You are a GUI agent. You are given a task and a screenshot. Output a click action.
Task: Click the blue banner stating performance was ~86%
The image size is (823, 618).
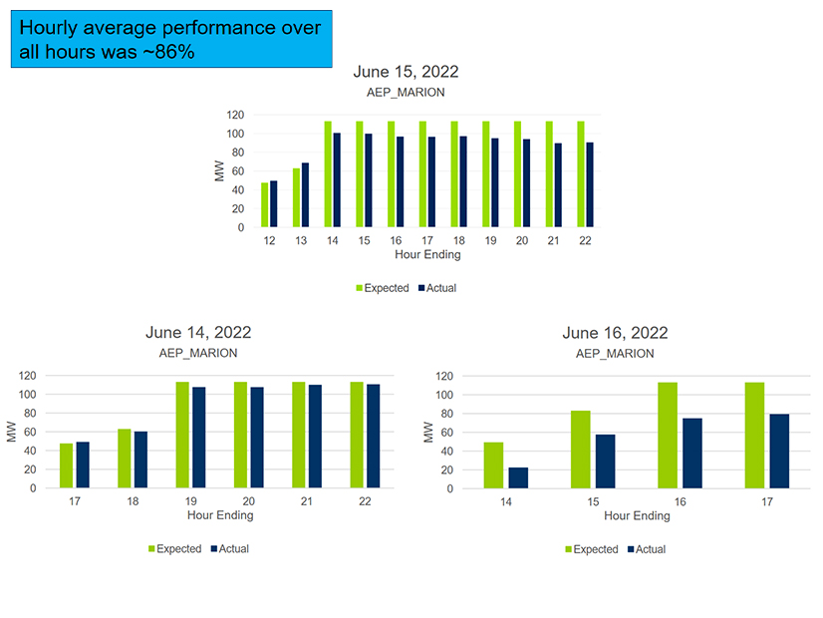click(170, 40)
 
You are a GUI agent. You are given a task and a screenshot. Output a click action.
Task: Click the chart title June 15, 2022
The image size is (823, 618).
click(406, 72)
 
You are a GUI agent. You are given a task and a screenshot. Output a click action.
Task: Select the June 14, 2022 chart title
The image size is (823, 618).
click(198, 333)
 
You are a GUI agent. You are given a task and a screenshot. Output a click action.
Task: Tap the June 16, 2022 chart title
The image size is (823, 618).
click(615, 333)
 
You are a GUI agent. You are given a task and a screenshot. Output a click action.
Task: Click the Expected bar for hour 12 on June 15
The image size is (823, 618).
click(265, 205)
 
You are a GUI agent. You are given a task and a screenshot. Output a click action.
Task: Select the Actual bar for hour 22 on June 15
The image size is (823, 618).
click(590, 185)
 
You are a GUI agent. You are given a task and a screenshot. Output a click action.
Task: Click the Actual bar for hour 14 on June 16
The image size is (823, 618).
click(518, 478)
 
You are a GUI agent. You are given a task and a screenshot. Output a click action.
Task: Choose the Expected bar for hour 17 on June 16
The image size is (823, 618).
click(755, 436)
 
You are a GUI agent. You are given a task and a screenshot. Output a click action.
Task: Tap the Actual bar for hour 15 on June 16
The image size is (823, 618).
click(605, 462)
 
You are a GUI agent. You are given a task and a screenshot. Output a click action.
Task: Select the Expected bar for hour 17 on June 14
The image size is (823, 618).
click(66, 465)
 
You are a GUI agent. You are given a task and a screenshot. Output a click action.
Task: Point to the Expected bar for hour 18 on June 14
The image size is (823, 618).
click(124, 459)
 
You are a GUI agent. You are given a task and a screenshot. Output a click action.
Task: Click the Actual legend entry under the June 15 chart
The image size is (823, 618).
click(436, 288)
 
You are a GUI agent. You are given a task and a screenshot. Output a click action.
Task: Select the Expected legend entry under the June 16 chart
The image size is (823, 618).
click(590, 549)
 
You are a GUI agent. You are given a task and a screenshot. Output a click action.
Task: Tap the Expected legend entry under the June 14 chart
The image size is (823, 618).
click(174, 549)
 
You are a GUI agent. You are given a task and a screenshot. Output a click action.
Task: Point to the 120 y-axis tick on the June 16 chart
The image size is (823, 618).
click(444, 376)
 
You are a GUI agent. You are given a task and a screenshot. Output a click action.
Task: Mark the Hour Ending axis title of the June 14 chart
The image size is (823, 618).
click(220, 515)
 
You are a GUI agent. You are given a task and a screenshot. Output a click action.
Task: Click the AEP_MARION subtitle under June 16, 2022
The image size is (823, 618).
click(615, 353)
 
